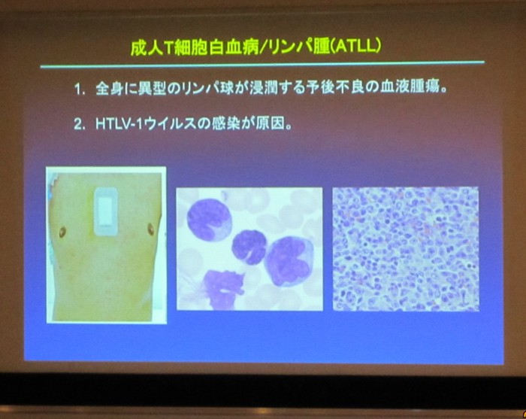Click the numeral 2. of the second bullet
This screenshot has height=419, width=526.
pyautogui.click(x=80, y=125)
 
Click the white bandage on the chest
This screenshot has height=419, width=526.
pyautogui.click(x=106, y=211)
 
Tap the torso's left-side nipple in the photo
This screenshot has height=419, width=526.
pyautogui.click(x=62, y=232)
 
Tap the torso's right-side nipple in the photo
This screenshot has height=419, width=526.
pyautogui.click(x=150, y=229)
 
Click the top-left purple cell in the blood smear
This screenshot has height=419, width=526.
pyautogui.click(x=209, y=220)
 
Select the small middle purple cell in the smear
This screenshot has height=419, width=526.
pyautogui.click(x=249, y=247)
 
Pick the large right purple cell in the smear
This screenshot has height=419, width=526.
pyautogui.click(x=289, y=262)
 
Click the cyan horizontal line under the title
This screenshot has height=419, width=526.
pyautogui.click(x=263, y=64)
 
